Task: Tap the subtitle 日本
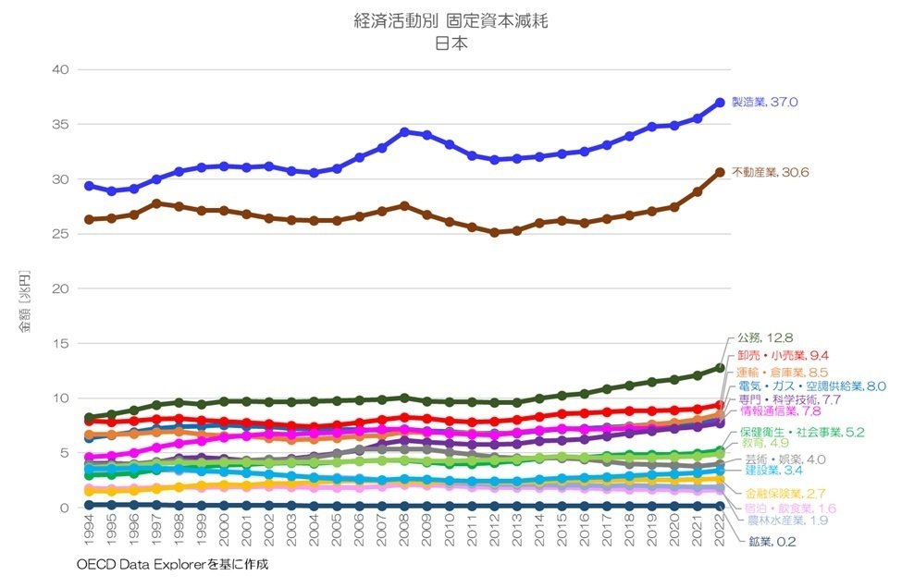click(x=451, y=42)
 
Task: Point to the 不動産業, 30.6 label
click(x=771, y=172)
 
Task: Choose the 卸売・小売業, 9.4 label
click(x=783, y=355)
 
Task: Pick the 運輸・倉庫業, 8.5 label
click(x=783, y=372)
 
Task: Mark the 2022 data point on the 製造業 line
click(x=719, y=103)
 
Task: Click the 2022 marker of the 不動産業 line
click(x=719, y=172)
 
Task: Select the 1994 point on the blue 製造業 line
click(x=89, y=186)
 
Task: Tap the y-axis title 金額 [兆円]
click(x=29, y=301)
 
